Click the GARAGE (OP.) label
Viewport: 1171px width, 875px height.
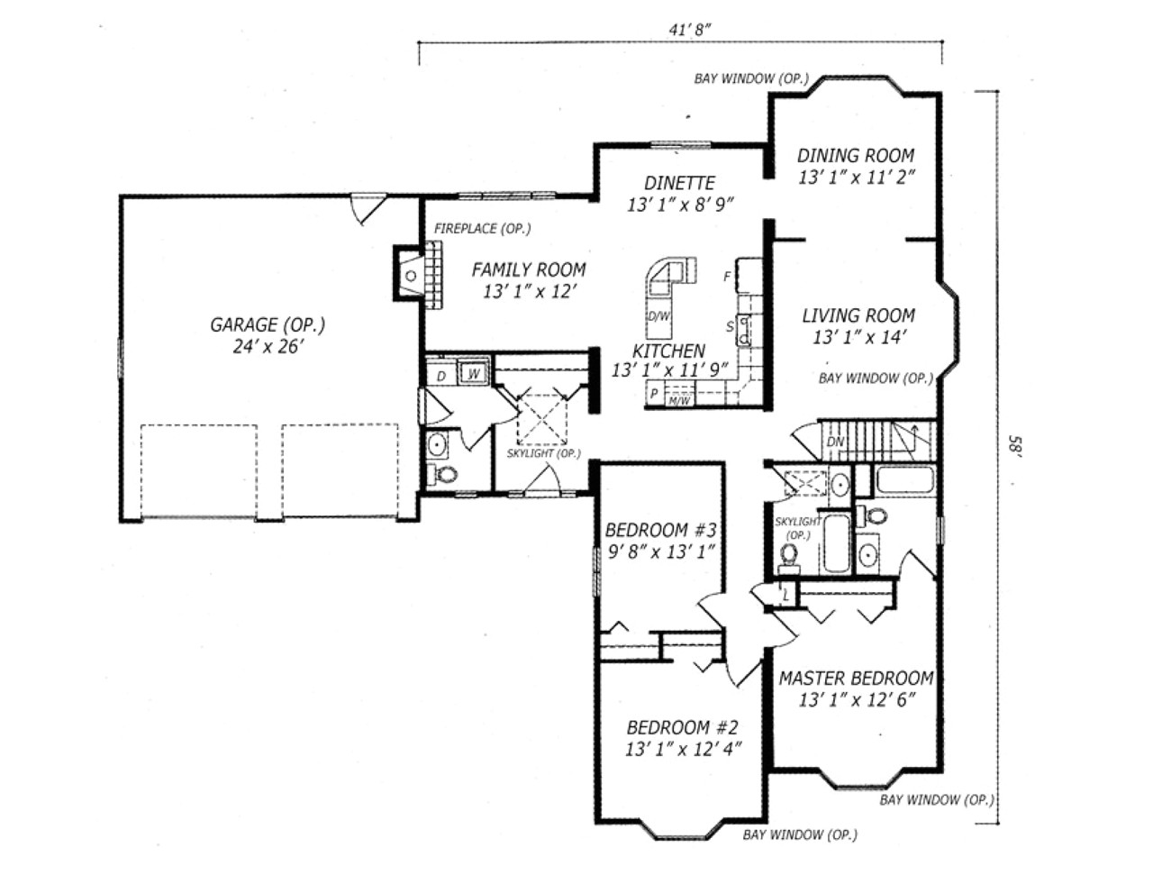coord(268,324)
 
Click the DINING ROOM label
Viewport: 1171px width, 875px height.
coord(855,156)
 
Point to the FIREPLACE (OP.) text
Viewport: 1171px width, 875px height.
coord(482,229)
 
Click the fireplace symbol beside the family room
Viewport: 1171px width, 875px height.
coord(410,274)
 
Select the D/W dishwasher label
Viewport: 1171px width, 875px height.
coord(658,316)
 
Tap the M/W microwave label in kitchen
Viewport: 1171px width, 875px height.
coord(679,400)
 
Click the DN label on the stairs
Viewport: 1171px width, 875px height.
coord(836,442)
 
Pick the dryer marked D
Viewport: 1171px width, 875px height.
coord(441,375)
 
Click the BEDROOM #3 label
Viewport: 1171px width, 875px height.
coord(660,529)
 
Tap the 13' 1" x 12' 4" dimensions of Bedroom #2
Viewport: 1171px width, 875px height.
coord(683,749)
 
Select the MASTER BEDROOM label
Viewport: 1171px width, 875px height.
coord(856,679)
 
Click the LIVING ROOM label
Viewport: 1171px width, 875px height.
coord(858,315)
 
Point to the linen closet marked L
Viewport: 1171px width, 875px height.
coord(785,595)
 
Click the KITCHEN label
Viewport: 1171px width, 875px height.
coord(668,351)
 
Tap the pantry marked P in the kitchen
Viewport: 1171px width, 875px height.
coord(654,394)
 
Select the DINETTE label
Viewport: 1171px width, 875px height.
coord(680,183)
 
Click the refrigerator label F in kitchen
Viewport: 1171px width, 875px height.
coord(727,277)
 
